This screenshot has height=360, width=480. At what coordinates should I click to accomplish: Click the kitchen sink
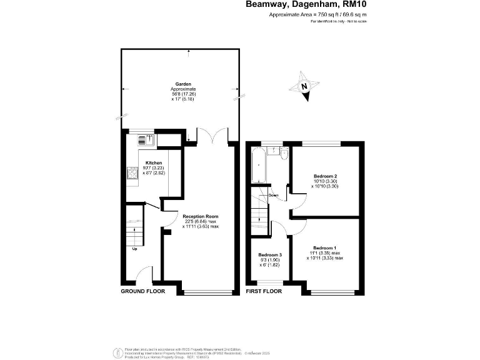point(144,139)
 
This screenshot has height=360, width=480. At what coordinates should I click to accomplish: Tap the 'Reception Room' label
point(201,216)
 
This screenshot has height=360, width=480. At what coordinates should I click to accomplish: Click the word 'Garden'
point(183,84)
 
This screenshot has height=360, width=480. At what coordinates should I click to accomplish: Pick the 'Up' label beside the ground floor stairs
point(134,249)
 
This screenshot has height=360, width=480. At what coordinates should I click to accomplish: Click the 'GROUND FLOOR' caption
point(142,291)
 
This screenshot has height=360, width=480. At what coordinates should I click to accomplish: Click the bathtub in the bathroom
point(258,166)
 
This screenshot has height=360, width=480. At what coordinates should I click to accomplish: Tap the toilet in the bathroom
point(284,154)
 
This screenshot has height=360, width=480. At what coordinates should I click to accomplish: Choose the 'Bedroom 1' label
point(324,248)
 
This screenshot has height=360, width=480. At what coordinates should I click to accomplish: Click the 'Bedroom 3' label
point(271,255)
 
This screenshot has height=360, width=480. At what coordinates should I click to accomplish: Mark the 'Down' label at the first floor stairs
point(273,195)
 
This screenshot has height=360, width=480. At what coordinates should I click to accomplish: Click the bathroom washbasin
point(273,149)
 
